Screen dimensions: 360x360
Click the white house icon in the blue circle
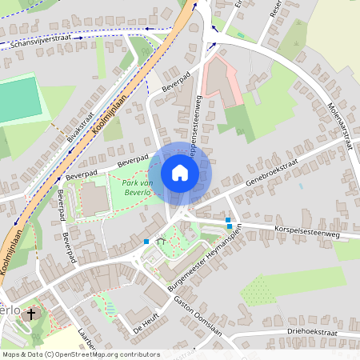point(180,173)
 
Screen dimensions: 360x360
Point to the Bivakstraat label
point(81,126)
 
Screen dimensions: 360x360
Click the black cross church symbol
point(31,314)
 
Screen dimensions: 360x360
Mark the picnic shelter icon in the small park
point(161,241)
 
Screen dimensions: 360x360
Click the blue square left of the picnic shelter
point(146,241)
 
